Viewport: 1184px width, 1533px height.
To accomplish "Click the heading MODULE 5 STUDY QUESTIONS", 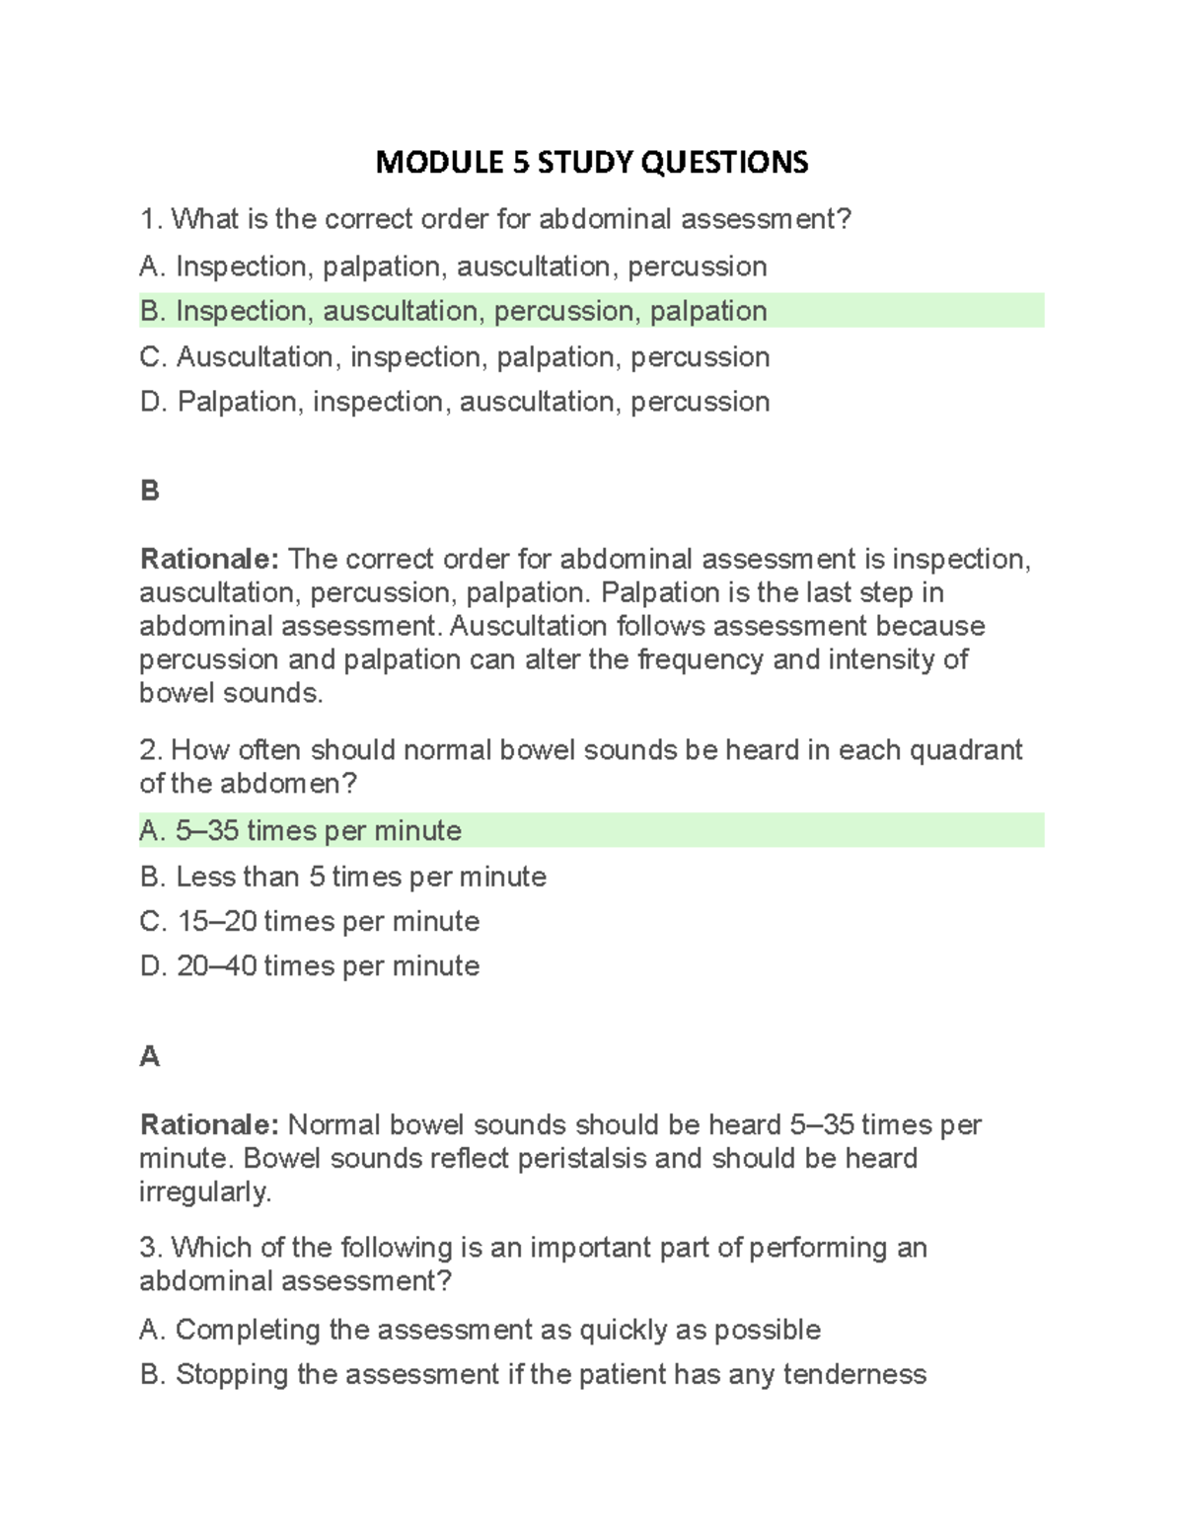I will click(591, 162).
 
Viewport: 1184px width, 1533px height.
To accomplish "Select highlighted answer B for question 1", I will click(454, 311).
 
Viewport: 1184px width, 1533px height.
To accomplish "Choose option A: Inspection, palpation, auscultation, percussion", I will click(454, 267).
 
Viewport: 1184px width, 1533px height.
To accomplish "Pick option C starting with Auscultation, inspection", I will click(455, 356).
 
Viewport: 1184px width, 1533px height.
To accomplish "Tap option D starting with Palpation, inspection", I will click(455, 402).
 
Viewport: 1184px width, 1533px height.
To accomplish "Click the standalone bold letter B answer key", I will click(150, 491).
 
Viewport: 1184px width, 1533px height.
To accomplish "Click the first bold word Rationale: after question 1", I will click(210, 560).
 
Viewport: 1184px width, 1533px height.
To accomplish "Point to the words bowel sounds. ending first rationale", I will click(231, 693).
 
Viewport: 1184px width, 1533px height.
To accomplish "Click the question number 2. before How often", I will click(151, 750).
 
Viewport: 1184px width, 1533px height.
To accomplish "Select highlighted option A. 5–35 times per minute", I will click(301, 831).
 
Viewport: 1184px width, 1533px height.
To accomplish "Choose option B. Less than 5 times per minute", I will click(343, 877).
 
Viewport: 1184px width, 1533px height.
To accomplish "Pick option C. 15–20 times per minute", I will click(310, 921).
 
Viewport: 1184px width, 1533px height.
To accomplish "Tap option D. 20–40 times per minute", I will click(310, 965).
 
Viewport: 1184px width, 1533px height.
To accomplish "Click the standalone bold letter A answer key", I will click(150, 1056).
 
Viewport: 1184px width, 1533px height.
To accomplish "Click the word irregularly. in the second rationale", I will click(205, 1191).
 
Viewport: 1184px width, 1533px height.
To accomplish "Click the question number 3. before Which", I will click(151, 1248).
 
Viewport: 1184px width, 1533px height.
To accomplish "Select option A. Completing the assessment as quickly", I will click(480, 1330).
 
